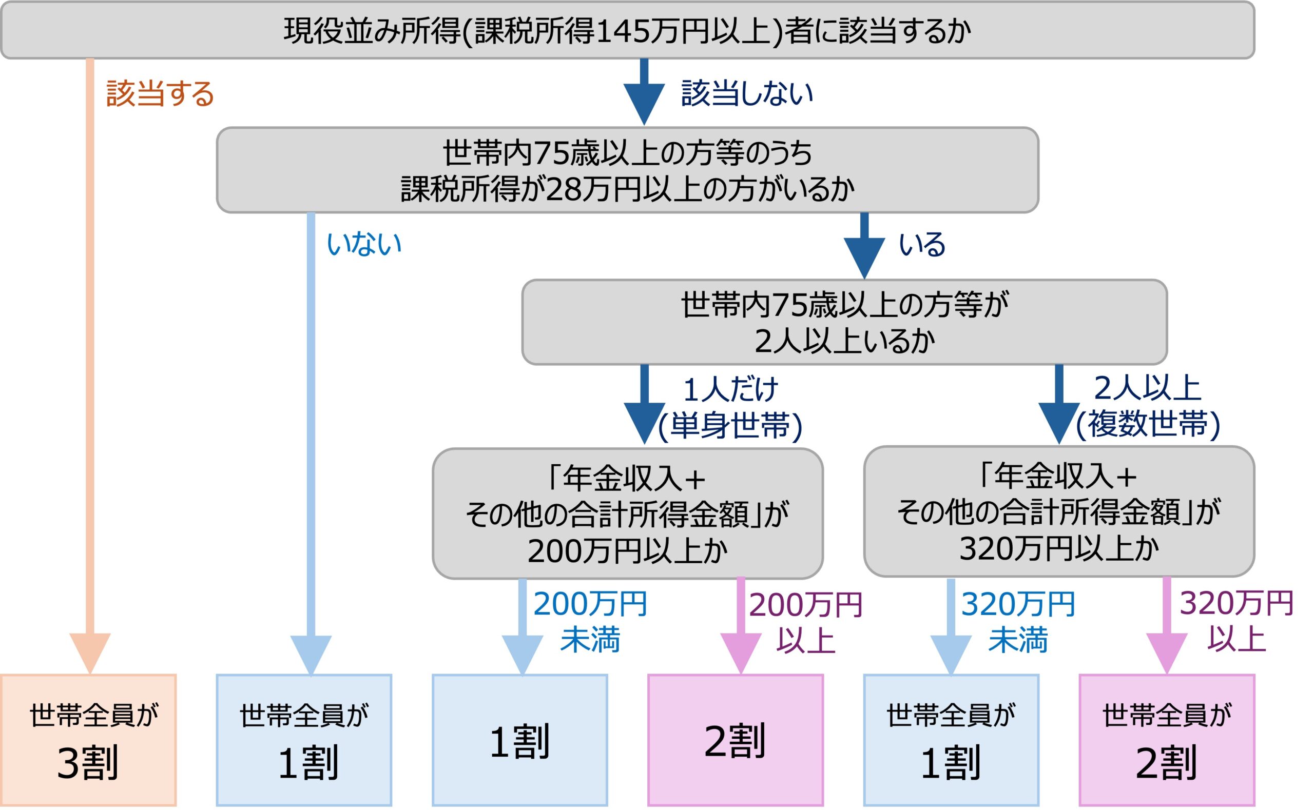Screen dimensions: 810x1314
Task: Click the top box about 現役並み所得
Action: pyautogui.click(x=627, y=31)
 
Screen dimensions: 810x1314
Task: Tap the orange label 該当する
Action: pyautogui.click(x=160, y=94)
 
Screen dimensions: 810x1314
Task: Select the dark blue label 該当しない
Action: pyautogui.click(x=747, y=94)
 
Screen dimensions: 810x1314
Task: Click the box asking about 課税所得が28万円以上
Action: pyautogui.click(x=627, y=170)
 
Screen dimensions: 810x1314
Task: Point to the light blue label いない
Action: pyautogui.click(x=364, y=244)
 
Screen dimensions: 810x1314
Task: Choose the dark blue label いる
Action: pyautogui.click(x=922, y=244)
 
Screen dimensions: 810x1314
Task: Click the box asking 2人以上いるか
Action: pyautogui.click(x=844, y=323)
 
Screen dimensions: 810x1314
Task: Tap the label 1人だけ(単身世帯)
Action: pyautogui.click(x=730, y=407)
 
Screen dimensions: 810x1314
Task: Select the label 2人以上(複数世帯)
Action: pyautogui.click(x=1147, y=406)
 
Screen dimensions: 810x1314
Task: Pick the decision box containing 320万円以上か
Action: pyautogui.click(x=1058, y=512)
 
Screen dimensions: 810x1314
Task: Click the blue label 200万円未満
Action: pyautogui.click(x=590, y=621)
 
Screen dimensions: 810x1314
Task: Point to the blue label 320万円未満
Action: pyautogui.click(x=1018, y=621)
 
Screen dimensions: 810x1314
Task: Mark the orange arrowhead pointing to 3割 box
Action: pyautogui.click(x=90, y=651)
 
